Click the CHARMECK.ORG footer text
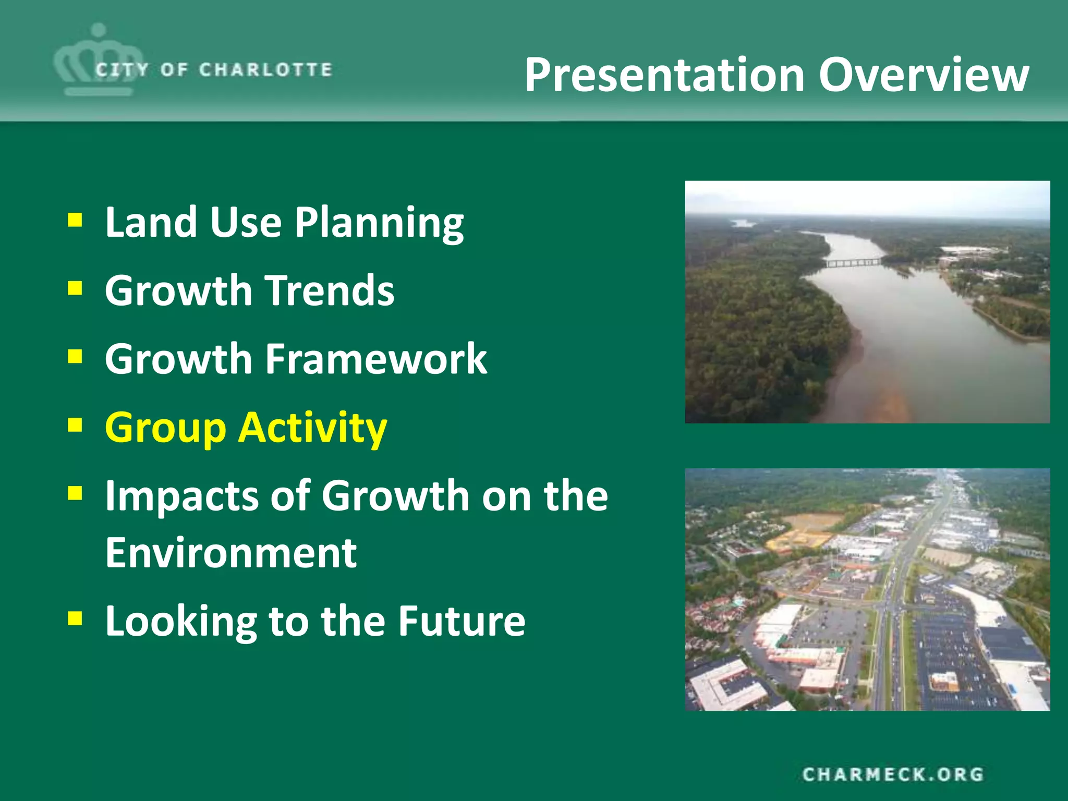coord(893,774)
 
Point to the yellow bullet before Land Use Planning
coord(75,220)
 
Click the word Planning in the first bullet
coord(379,223)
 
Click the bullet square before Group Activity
coord(75,425)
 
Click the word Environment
coord(231,552)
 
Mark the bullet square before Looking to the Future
coord(75,618)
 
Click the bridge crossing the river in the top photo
coord(853,262)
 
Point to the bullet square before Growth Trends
coord(75,288)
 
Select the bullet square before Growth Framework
coord(75,357)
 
